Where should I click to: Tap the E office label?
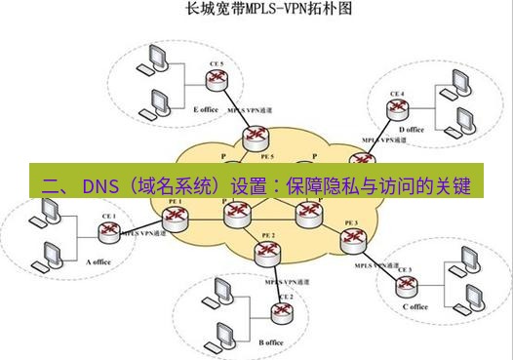click(x=206, y=109)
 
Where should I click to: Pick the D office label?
click(x=412, y=129)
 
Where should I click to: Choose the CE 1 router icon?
click(x=107, y=231)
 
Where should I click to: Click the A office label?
click(x=100, y=262)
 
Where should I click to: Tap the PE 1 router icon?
click(x=176, y=215)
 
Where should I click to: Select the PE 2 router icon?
click(x=265, y=252)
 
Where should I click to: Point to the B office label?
click(x=271, y=342)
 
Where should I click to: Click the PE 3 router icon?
click(x=351, y=239)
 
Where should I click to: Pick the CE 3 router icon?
click(x=404, y=284)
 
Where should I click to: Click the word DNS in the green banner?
click(x=100, y=185)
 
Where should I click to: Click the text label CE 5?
click(x=217, y=64)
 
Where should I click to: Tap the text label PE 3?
click(x=351, y=223)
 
